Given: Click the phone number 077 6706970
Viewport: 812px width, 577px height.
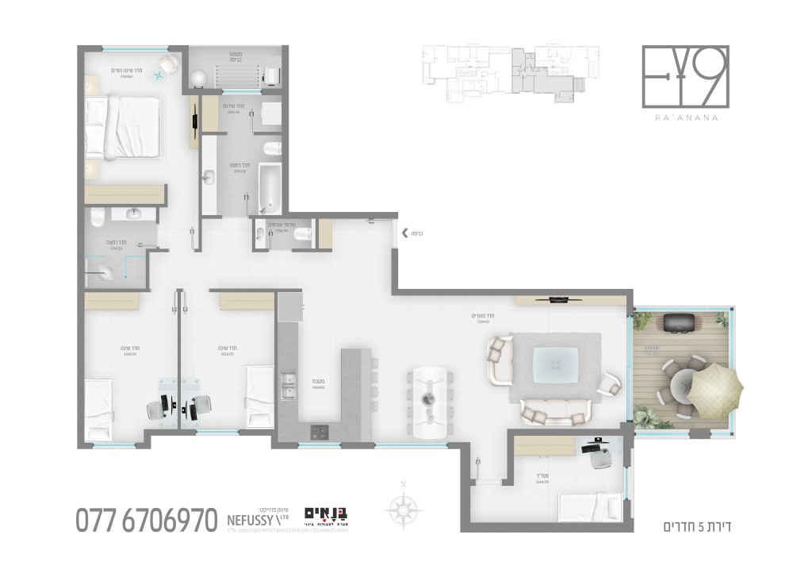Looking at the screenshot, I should point(147,520).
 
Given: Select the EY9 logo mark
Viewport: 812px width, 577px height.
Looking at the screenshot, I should point(684,76).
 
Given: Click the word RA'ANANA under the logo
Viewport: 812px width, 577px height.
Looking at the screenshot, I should point(684,117).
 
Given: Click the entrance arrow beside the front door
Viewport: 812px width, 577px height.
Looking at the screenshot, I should point(405,233).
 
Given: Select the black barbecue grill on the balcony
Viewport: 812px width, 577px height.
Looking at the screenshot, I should point(679,323).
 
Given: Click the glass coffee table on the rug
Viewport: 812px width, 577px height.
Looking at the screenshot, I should point(554,364).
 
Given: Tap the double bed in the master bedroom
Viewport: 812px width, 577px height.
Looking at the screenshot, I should point(123,125).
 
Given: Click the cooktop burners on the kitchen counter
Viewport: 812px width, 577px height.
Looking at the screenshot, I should point(320,432).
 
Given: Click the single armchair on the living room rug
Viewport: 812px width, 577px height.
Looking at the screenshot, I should point(608,383).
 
